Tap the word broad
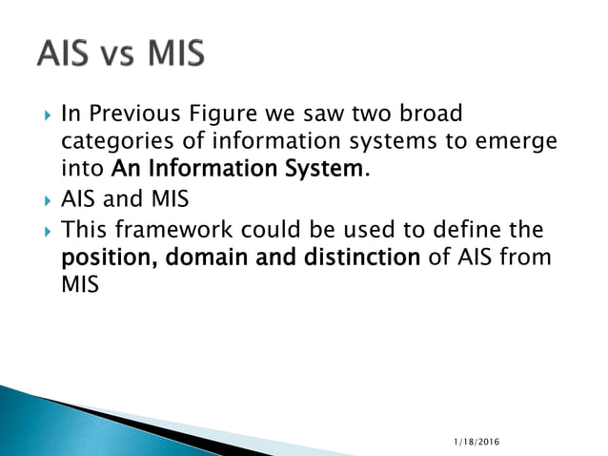(430, 114)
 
